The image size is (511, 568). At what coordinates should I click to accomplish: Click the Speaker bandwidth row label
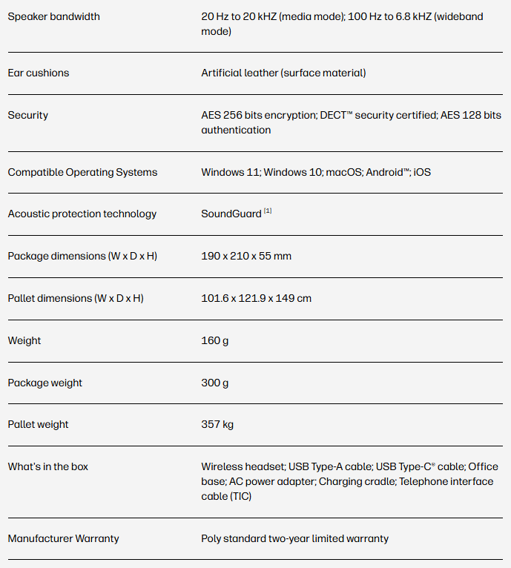click(53, 16)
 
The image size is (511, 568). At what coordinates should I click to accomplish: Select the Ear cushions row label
click(39, 73)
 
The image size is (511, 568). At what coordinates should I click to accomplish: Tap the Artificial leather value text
click(283, 73)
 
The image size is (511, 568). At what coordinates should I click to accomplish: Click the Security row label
click(28, 115)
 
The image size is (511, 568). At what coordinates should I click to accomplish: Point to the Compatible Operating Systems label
click(82, 172)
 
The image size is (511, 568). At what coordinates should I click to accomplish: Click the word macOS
click(343, 172)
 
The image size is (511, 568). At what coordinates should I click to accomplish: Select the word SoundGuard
click(231, 214)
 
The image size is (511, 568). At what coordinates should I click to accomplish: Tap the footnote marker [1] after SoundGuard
click(268, 211)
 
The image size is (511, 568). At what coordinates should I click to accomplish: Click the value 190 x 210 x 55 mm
click(246, 256)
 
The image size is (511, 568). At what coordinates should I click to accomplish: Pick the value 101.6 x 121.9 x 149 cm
click(256, 298)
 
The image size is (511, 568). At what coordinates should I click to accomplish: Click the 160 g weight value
click(215, 340)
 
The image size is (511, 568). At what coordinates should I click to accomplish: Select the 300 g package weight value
click(215, 383)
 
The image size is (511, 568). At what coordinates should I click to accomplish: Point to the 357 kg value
click(217, 424)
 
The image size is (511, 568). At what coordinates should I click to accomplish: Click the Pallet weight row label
click(38, 424)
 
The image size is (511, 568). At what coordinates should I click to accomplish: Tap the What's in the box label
click(48, 466)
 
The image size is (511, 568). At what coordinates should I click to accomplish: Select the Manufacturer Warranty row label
click(63, 538)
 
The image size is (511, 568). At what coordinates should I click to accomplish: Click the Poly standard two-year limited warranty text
click(294, 538)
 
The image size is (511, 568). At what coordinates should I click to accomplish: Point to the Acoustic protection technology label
click(82, 214)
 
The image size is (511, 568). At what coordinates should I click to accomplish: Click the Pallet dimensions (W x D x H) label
click(76, 298)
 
